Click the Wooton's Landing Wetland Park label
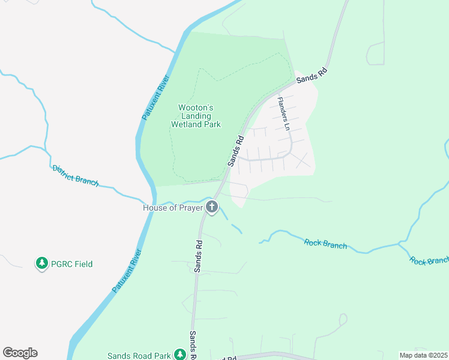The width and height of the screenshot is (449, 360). click(196, 116)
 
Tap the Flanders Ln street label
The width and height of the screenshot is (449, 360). click(283, 114)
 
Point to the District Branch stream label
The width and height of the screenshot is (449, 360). click(75, 175)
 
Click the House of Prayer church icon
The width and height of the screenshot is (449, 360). click(211, 208)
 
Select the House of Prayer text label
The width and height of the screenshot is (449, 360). click(173, 208)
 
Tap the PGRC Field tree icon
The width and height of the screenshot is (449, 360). click(41, 263)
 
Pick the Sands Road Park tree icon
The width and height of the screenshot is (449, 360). click(179, 355)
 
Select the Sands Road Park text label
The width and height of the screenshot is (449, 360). click(139, 356)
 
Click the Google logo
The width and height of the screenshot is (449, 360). click(20, 353)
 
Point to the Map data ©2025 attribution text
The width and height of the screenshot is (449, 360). click(423, 355)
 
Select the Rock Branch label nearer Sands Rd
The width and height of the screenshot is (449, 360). click(325, 244)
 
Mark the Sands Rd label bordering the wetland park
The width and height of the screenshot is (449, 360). click(235, 151)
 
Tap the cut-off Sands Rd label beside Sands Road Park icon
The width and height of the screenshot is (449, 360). click(194, 346)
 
